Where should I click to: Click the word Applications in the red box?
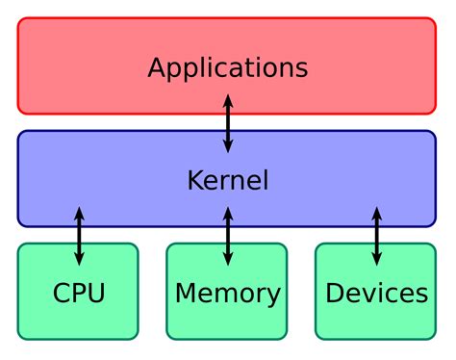point(228,68)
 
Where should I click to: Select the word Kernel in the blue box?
point(228,180)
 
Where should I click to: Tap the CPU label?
point(79,293)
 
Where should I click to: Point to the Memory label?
point(228,293)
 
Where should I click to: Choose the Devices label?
point(376,293)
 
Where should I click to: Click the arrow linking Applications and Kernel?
point(228,123)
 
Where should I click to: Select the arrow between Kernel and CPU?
point(79,235)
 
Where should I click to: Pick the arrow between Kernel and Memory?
point(228,235)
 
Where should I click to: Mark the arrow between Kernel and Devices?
point(376,235)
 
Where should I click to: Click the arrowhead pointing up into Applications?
point(228,99)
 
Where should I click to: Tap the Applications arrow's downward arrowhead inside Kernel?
point(228,146)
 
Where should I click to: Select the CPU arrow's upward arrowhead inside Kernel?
point(79,212)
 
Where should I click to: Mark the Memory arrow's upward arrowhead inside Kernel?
point(228,212)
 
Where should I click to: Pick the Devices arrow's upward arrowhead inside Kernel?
point(376,212)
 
